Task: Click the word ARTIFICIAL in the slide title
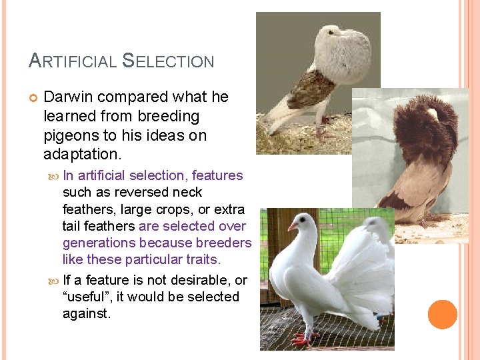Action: (x=72, y=61)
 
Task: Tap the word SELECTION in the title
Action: (x=169, y=61)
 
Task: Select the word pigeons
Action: (x=71, y=135)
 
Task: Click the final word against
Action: (x=86, y=313)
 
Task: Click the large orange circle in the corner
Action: (x=443, y=314)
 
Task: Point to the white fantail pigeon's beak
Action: (x=291, y=227)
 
